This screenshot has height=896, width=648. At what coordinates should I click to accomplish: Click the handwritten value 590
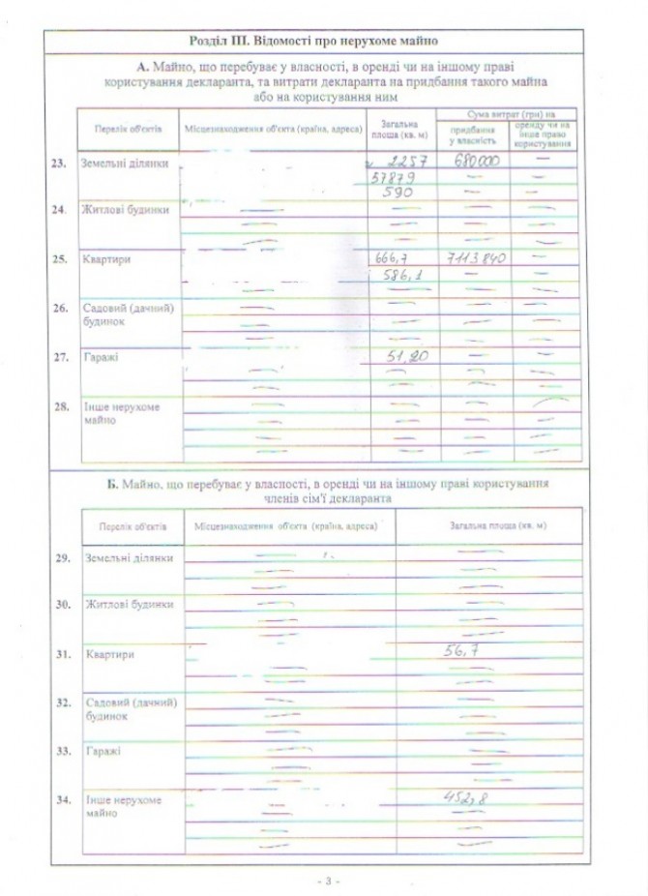point(398,194)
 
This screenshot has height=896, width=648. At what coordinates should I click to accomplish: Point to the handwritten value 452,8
point(463,797)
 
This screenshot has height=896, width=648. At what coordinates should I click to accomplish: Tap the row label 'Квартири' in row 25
point(106,260)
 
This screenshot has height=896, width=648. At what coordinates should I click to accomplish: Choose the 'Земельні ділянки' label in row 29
point(129,558)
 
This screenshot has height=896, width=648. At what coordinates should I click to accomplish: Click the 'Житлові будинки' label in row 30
point(129,605)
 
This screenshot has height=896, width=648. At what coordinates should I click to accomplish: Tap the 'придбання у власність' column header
point(474,134)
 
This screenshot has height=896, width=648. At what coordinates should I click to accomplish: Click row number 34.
point(63,800)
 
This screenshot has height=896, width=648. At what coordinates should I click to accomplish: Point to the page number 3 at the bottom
point(328,881)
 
